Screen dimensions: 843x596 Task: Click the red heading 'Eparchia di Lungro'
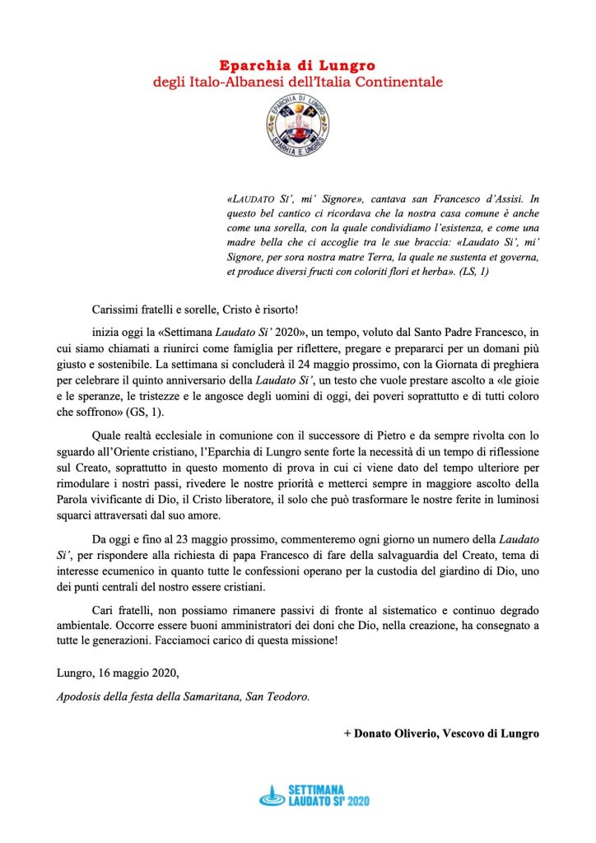click(x=298, y=65)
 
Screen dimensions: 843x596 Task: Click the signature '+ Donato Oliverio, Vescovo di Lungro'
click(x=441, y=733)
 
